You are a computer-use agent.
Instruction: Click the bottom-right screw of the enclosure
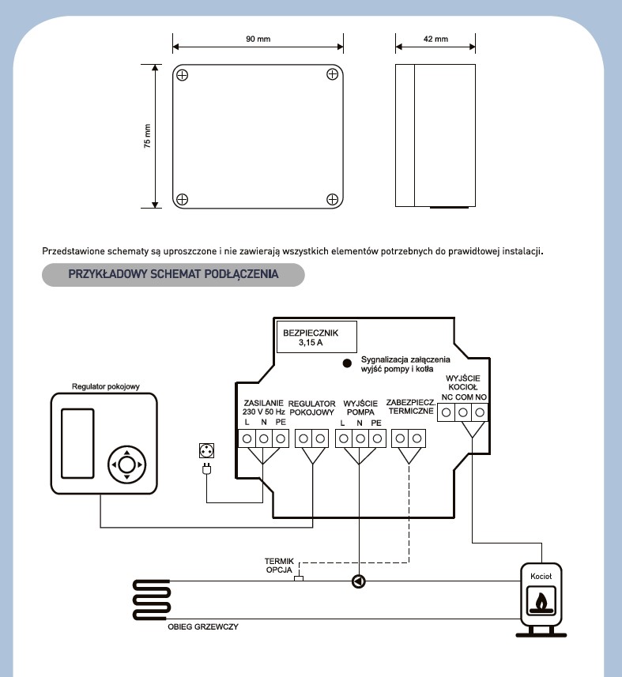click(333, 199)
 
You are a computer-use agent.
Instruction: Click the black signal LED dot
click(346, 363)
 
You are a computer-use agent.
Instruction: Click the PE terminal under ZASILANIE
click(280, 438)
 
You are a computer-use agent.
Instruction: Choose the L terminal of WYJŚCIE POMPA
click(343, 438)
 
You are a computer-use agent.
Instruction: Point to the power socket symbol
click(207, 453)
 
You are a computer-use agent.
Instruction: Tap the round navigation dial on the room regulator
click(127, 464)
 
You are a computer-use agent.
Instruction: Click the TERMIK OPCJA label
click(279, 566)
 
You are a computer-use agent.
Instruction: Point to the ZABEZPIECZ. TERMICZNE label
click(409, 406)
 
